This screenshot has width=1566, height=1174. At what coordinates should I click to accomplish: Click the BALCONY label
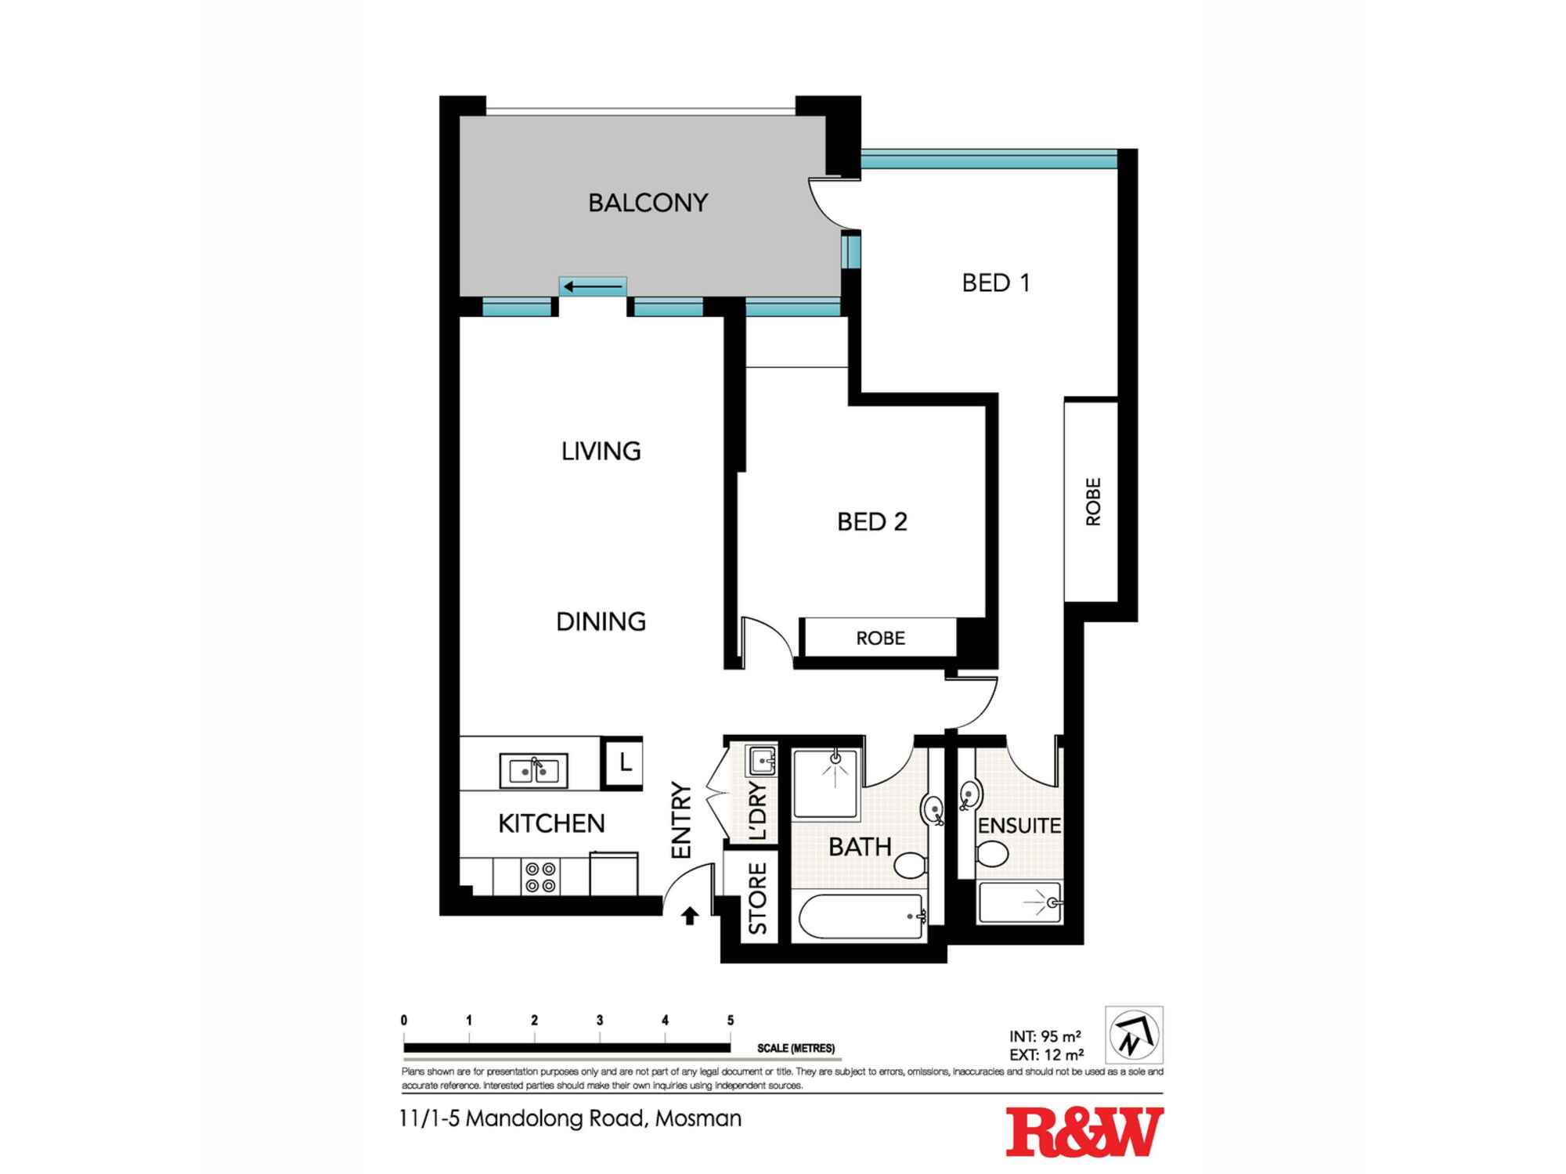[648, 203]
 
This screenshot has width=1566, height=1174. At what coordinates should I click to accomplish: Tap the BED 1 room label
[995, 283]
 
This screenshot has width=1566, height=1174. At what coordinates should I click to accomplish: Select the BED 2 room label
[871, 521]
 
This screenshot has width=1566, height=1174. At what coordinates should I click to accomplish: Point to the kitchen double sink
[534, 771]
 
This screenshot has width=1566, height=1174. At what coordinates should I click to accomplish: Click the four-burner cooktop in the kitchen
[540, 877]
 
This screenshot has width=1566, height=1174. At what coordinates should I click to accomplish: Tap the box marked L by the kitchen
[624, 762]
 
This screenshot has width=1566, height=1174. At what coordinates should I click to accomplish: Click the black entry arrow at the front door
[690, 916]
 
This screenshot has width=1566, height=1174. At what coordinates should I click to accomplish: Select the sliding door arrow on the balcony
[593, 287]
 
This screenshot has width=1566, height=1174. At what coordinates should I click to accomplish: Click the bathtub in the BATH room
[859, 917]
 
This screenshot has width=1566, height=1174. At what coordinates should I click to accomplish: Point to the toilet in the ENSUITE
[992, 854]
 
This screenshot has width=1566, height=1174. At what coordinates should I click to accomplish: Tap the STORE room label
[758, 899]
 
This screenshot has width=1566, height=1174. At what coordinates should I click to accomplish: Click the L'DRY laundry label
[758, 811]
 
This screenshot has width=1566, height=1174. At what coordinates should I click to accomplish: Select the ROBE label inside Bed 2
[880, 639]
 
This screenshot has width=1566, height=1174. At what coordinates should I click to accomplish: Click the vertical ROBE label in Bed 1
[1093, 502]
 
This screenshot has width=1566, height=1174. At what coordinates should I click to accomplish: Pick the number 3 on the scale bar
[600, 1021]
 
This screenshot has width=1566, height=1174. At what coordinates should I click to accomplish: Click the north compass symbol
[1133, 1035]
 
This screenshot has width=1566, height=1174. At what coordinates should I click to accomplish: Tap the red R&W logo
[1084, 1132]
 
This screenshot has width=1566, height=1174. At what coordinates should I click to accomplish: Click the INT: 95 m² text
[1045, 1036]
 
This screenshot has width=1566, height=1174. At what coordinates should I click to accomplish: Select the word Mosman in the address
[698, 1118]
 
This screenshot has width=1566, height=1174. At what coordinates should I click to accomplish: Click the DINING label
[601, 621]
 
